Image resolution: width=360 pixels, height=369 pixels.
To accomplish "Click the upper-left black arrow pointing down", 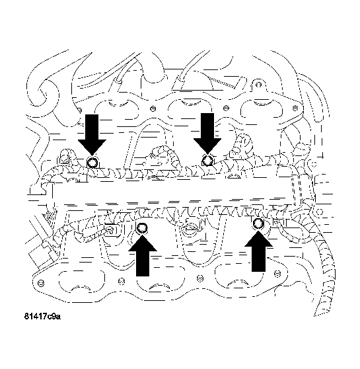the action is [x=92, y=135].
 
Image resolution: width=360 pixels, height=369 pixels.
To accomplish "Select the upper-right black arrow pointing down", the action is [x=207, y=134].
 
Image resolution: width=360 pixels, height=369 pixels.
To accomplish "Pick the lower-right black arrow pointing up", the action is [x=258, y=251].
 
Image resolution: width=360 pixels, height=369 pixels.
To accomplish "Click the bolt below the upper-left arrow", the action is [x=92, y=162].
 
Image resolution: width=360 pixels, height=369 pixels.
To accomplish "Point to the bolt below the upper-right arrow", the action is [x=207, y=161].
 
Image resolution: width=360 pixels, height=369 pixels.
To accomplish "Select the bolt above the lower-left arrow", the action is [x=142, y=227].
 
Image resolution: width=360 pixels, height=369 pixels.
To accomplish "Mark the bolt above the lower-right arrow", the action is [x=258, y=223].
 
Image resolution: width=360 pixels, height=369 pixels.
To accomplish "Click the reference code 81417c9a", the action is [x=42, y=316].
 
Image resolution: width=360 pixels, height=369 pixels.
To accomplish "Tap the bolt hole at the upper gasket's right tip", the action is [x=295, y=108].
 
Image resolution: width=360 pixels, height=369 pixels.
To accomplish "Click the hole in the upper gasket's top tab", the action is [x=258, y=85].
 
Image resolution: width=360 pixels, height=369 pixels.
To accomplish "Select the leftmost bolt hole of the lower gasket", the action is [x=41, y=282].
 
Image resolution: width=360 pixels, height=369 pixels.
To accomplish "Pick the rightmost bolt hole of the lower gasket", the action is [x=277, y=274].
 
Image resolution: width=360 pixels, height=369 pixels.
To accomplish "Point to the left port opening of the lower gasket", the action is [x=82, y=282].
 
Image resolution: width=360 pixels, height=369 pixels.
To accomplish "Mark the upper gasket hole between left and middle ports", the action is [x=153, y=108].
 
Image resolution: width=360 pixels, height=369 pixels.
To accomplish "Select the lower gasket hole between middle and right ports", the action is [x=199, y=278].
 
